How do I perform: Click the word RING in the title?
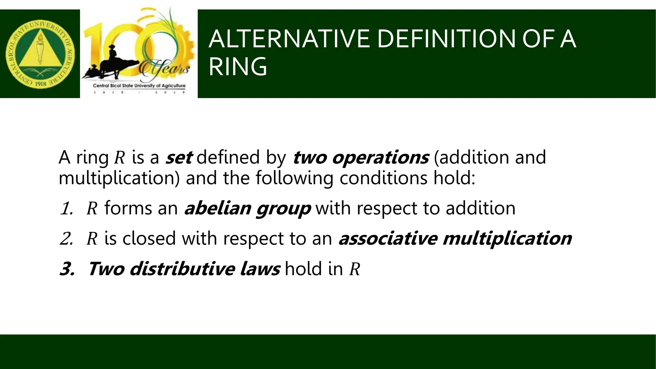(238, 67)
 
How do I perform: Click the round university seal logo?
(40, 54)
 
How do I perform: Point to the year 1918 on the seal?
(40, 84)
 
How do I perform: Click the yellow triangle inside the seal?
(40, 51)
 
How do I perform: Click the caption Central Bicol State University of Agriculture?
(139, 86)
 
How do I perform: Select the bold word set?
(178, 157)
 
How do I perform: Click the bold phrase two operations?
(360, 157)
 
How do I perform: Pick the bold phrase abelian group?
(247, 208)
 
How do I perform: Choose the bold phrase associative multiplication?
(455, 238)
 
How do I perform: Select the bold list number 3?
(67, 269)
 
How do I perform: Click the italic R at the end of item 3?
(355, 269)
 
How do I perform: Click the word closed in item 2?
(149, 238)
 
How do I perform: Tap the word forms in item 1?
(128, 208)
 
